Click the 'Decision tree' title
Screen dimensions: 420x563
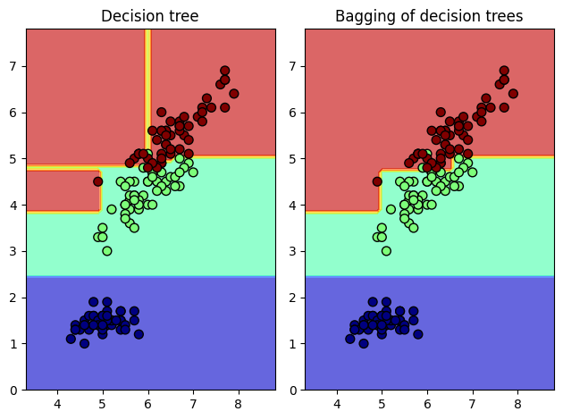click(x=150, y=16)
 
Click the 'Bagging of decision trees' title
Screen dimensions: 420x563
click(x=429, y=16)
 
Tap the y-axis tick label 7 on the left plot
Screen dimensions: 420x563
click(x=13, y=66)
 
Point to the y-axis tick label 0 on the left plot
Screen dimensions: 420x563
click(x=13, y=390)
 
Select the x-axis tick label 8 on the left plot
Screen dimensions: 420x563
click(x=238, y=403)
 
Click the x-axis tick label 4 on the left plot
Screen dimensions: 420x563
click(x=57, y=403)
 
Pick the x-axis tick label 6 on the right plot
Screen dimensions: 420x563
click(x=427, y=403)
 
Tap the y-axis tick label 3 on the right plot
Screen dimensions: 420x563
click(x=293, y=251)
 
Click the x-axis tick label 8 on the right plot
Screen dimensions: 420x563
click(x=517, y=403)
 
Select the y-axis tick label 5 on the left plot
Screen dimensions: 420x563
click(x=13, y=159)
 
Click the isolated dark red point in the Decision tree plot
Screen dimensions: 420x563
click(x=97, y=181)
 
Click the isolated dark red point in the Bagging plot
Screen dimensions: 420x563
click(x=377, y=181)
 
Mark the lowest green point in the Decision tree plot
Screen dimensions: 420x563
click(x=106, y=251)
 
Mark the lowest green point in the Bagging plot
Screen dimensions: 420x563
click(x=386, y=251)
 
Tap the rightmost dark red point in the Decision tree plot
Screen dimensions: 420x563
click(x=233, y=93)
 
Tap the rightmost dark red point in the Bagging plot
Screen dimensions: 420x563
click(x=513, y=93)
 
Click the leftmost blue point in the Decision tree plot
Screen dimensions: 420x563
click(x=71, y=339)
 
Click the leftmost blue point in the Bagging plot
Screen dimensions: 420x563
click(x=350, y=339)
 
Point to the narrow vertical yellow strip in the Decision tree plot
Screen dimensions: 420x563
click(x=147, y=89)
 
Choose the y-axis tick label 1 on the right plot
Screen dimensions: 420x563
click(x=293, y=343)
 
